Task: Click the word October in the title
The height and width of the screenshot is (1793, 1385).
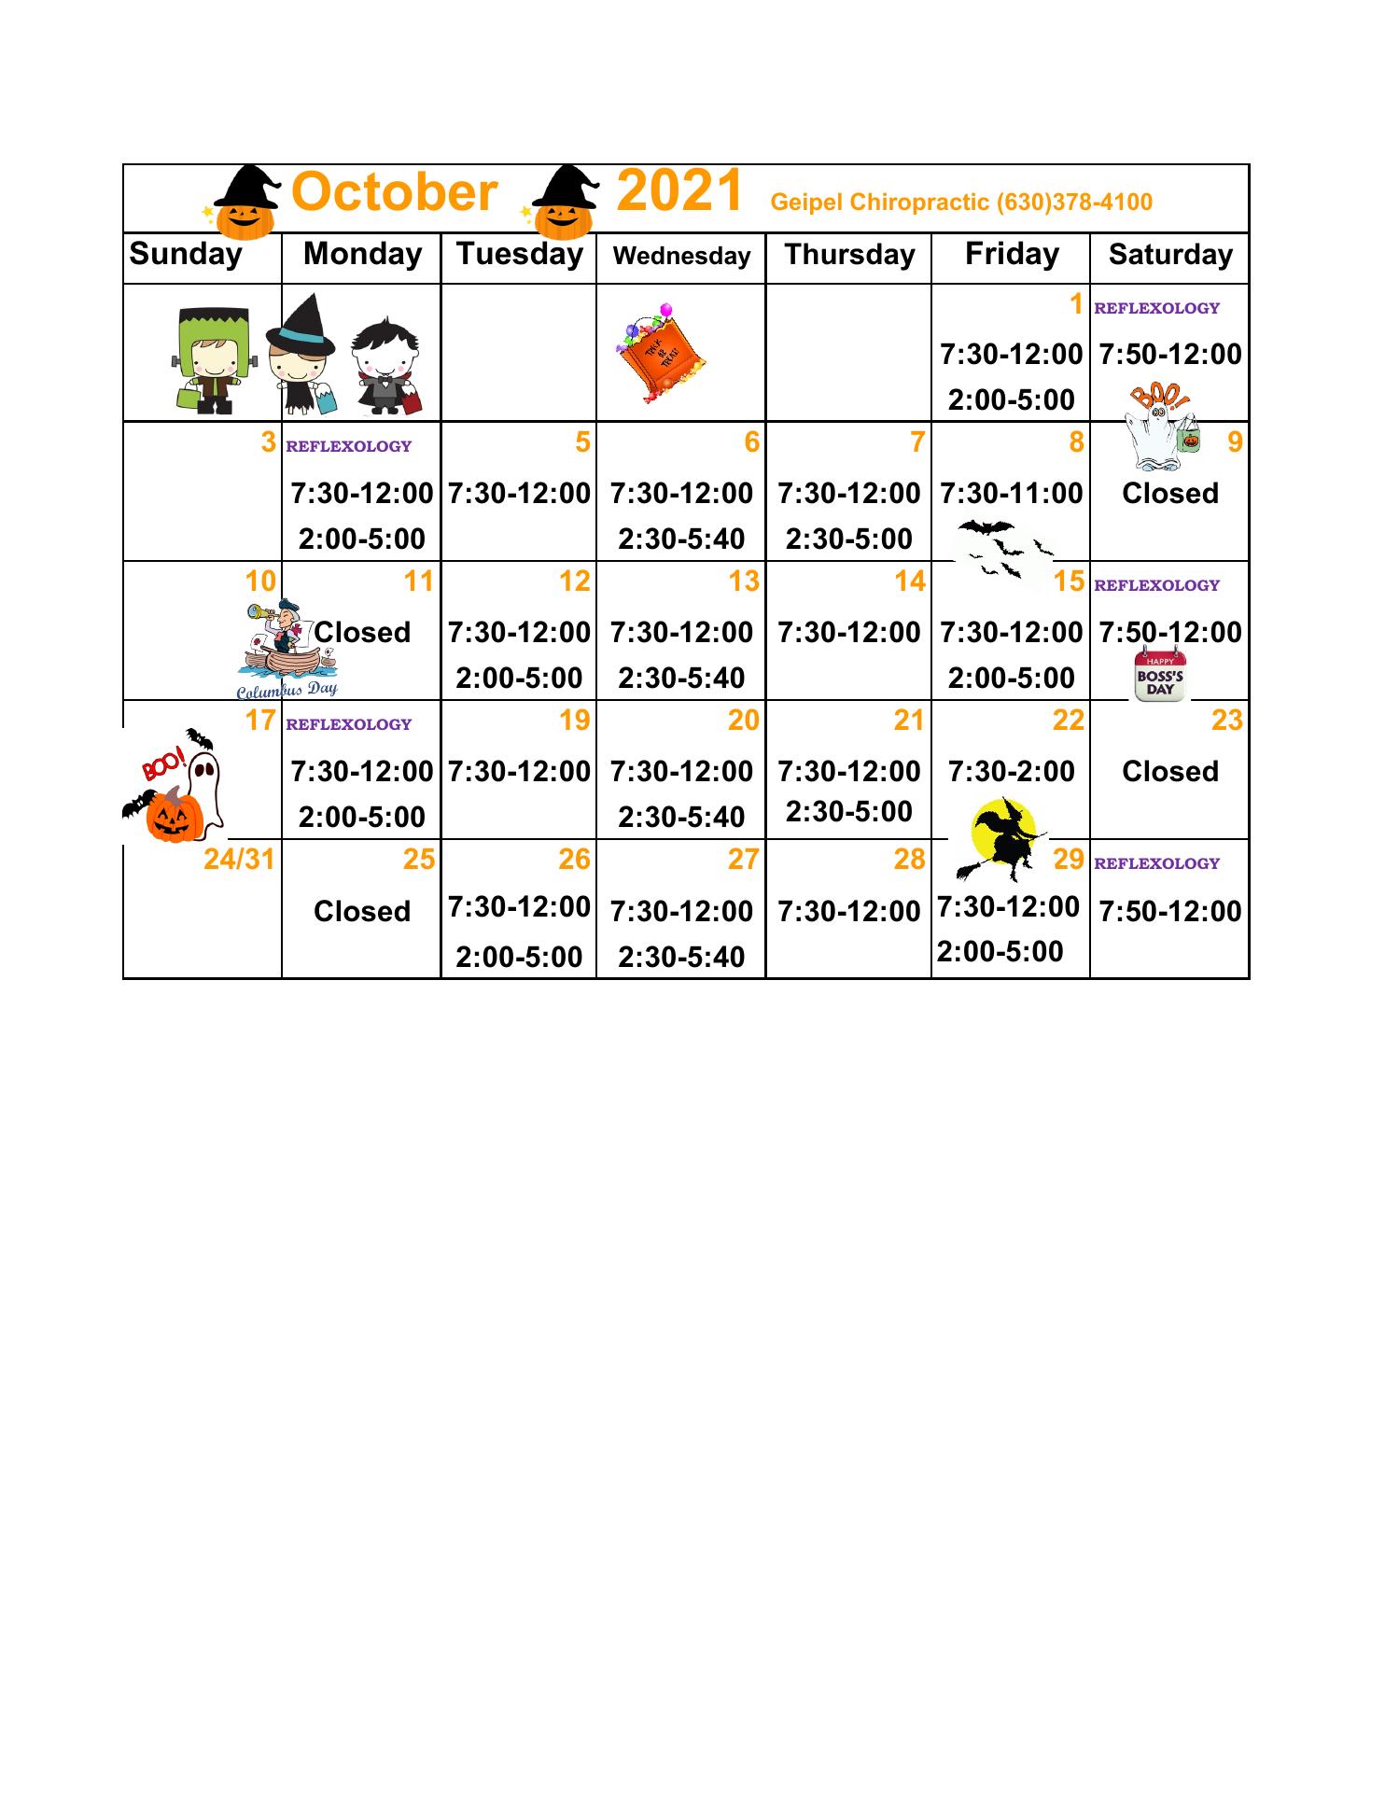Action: (394, 193)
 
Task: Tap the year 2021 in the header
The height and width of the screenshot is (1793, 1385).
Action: (679, 191)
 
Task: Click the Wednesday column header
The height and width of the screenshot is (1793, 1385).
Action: (681, 257)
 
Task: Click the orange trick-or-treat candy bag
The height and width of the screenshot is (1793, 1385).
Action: (661, 353)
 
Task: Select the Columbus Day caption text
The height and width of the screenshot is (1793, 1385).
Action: (287, 691)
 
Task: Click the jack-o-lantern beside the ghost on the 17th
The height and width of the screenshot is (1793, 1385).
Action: (175, 815)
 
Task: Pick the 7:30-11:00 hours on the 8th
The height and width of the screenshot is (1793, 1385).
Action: (1011, 493)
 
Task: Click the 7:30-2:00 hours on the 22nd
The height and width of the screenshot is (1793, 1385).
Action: (1011, 772)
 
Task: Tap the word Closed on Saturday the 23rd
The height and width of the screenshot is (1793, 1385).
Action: (1169, 772)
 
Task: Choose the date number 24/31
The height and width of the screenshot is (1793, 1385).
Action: (239, 860)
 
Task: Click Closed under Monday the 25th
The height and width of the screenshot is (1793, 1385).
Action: (362, 911)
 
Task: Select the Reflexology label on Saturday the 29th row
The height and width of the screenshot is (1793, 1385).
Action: (1156, 864)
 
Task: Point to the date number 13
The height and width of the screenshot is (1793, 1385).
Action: (743, 581)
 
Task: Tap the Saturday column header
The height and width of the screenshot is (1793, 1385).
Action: (1170, 255)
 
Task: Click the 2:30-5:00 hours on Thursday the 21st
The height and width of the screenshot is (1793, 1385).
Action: (848, 812)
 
